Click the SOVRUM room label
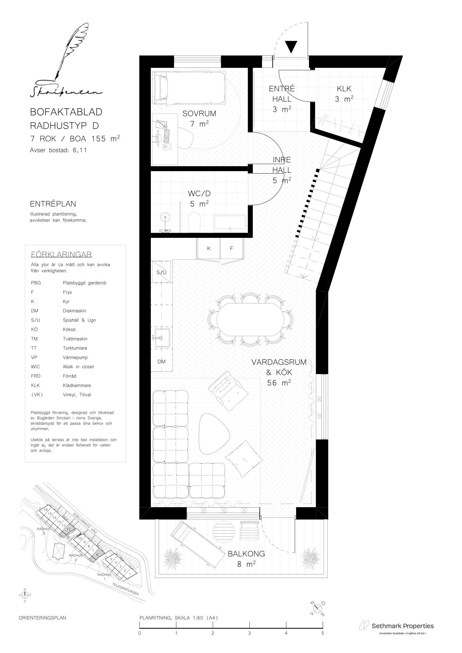click(199, 113)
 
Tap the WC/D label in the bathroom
click(199, 194)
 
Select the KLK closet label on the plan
click(344, 89)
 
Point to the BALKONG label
click(246, 554)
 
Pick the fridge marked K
click(209, 248)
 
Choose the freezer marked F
click(232, 248)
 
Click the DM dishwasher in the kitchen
click(161, 362)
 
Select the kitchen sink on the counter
click(162, 338)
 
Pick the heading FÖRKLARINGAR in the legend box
click(61, 254)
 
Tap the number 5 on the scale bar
click(323, 633)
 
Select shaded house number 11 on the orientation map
click(68, 529)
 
